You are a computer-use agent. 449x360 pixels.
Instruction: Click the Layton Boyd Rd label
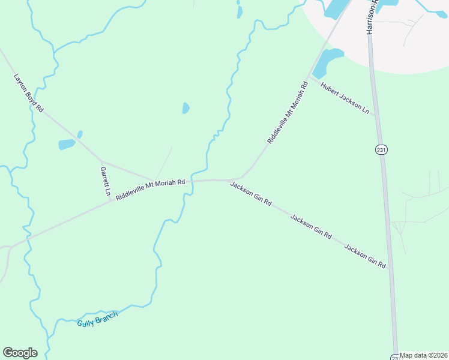29,93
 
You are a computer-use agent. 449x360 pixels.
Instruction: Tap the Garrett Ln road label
104,182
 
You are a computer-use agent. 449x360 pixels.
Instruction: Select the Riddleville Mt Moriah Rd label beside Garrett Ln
150,190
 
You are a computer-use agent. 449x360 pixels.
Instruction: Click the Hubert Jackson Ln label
345,98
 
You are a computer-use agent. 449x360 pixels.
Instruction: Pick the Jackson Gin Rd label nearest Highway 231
365,256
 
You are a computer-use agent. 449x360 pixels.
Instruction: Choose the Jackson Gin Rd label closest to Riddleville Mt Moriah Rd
251,194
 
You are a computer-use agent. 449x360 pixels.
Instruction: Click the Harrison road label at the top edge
371,17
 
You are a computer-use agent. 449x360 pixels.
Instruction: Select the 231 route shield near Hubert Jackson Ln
381,149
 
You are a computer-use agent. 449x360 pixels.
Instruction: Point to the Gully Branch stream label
98,319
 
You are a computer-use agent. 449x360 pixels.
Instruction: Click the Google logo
20,353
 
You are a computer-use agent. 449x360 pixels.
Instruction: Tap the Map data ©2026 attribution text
424,355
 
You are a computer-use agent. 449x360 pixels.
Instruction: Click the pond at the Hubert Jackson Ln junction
325,61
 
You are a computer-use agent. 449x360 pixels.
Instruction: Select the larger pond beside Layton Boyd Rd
67,144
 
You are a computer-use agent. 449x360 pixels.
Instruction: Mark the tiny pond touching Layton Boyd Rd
80,134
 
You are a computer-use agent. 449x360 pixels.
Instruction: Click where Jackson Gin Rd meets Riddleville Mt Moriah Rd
231,179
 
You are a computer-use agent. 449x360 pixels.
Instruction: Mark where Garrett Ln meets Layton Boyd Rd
101,161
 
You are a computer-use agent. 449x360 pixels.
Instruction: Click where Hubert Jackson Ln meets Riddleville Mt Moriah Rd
310,77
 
